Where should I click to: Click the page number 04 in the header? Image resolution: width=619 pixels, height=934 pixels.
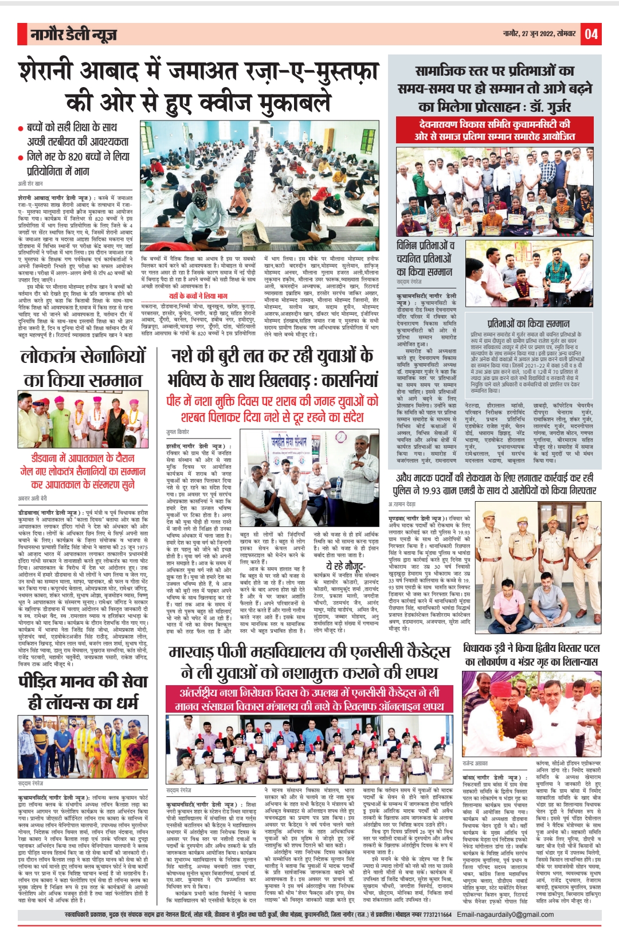click(591, 34)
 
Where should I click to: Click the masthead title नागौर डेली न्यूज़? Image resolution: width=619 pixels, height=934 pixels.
click(74, 35)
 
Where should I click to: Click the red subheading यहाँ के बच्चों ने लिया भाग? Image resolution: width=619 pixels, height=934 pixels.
click(198, 296)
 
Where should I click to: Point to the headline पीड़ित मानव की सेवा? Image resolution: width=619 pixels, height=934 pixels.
click(83, 682)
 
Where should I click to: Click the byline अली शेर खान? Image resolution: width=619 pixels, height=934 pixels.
click(30, 184)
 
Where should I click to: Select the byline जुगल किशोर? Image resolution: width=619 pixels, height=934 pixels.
click(178, 432)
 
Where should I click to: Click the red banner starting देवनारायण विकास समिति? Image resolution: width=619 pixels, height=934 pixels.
click(494, 130)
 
